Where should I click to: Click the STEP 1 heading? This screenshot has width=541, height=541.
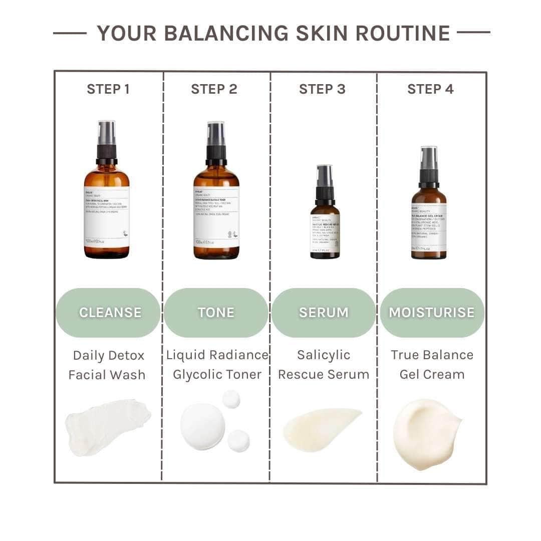[108, 89]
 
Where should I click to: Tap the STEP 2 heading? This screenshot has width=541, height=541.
[214, 89]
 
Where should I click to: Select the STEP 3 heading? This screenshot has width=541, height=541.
[322, 89]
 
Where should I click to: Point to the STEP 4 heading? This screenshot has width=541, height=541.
[430, 89]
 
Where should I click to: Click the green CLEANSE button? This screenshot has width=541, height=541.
[109, 313]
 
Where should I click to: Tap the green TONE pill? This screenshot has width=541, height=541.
[216, 313]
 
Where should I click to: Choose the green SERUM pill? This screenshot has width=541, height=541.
[324, 313]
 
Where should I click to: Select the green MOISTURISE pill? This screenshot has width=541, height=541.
[432, 313]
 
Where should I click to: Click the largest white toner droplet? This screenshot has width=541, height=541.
[202, 426]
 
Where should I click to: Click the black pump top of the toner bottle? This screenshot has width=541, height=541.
[216, 143]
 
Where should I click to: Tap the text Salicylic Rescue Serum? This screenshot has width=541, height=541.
[324, 365]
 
